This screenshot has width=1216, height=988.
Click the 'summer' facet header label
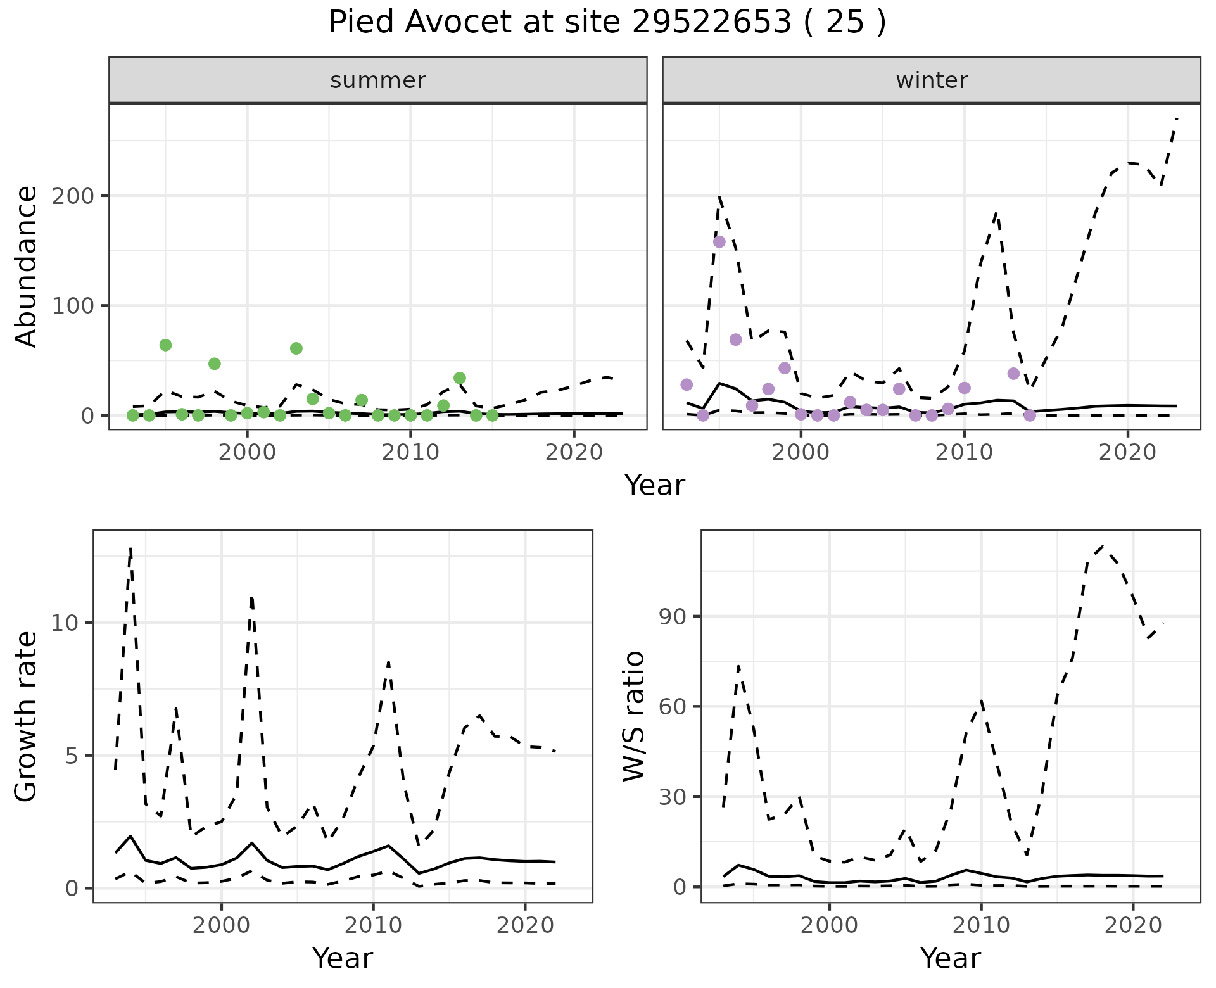point(378,80)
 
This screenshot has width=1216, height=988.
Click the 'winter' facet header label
point(932,80)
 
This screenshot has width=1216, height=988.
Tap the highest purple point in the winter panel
point(719,241)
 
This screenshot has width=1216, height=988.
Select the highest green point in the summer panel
point(165,345)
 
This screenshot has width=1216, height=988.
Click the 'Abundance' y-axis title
point(27,266)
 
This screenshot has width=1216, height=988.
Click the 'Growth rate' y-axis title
point(27,716)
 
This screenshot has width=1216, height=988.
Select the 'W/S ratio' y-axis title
point(634,716)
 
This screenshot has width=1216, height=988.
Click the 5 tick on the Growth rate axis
point(71,756)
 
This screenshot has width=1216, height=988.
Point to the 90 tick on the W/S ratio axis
point(673,616)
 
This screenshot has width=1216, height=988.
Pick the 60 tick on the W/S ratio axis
point(673,706)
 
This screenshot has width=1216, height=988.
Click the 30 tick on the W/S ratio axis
point(673,796)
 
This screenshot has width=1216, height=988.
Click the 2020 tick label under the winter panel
point(1127,453)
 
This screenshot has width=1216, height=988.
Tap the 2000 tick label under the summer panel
point(247,453)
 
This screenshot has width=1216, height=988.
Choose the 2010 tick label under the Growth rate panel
point(373,925)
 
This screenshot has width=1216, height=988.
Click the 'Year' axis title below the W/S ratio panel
point(951,958)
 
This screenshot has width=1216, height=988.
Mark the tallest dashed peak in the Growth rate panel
point(130,549)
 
